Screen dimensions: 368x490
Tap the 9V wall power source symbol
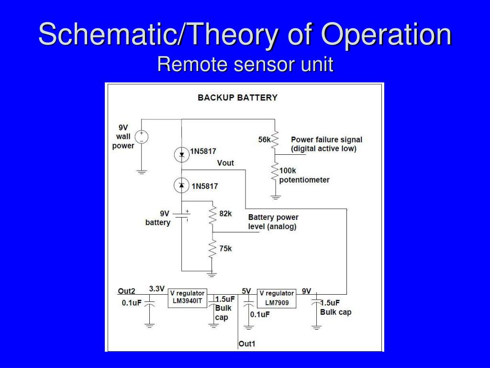[142, 137]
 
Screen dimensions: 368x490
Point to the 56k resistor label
[265, 139]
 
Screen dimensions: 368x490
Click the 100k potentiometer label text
[304, 175]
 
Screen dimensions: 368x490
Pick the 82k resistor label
[225, 213]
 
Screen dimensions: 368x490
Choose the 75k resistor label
[225, 248]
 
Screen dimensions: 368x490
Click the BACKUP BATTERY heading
[237, 98]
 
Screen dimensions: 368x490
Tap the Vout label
[225, 163]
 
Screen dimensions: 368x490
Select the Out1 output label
[247, 343]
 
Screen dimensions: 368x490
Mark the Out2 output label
[127, 291]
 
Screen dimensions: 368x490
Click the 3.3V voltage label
[157, 289]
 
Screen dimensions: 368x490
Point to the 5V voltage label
[246, 291]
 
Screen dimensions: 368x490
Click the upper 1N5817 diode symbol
[182, 154]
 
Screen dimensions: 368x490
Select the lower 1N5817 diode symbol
[182, 185]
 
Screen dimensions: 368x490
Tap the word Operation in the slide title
[386, 34]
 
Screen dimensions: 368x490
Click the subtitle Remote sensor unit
[245, 64]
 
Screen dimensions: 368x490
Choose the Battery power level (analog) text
[273, 222]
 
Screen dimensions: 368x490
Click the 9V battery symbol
[182, 216]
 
